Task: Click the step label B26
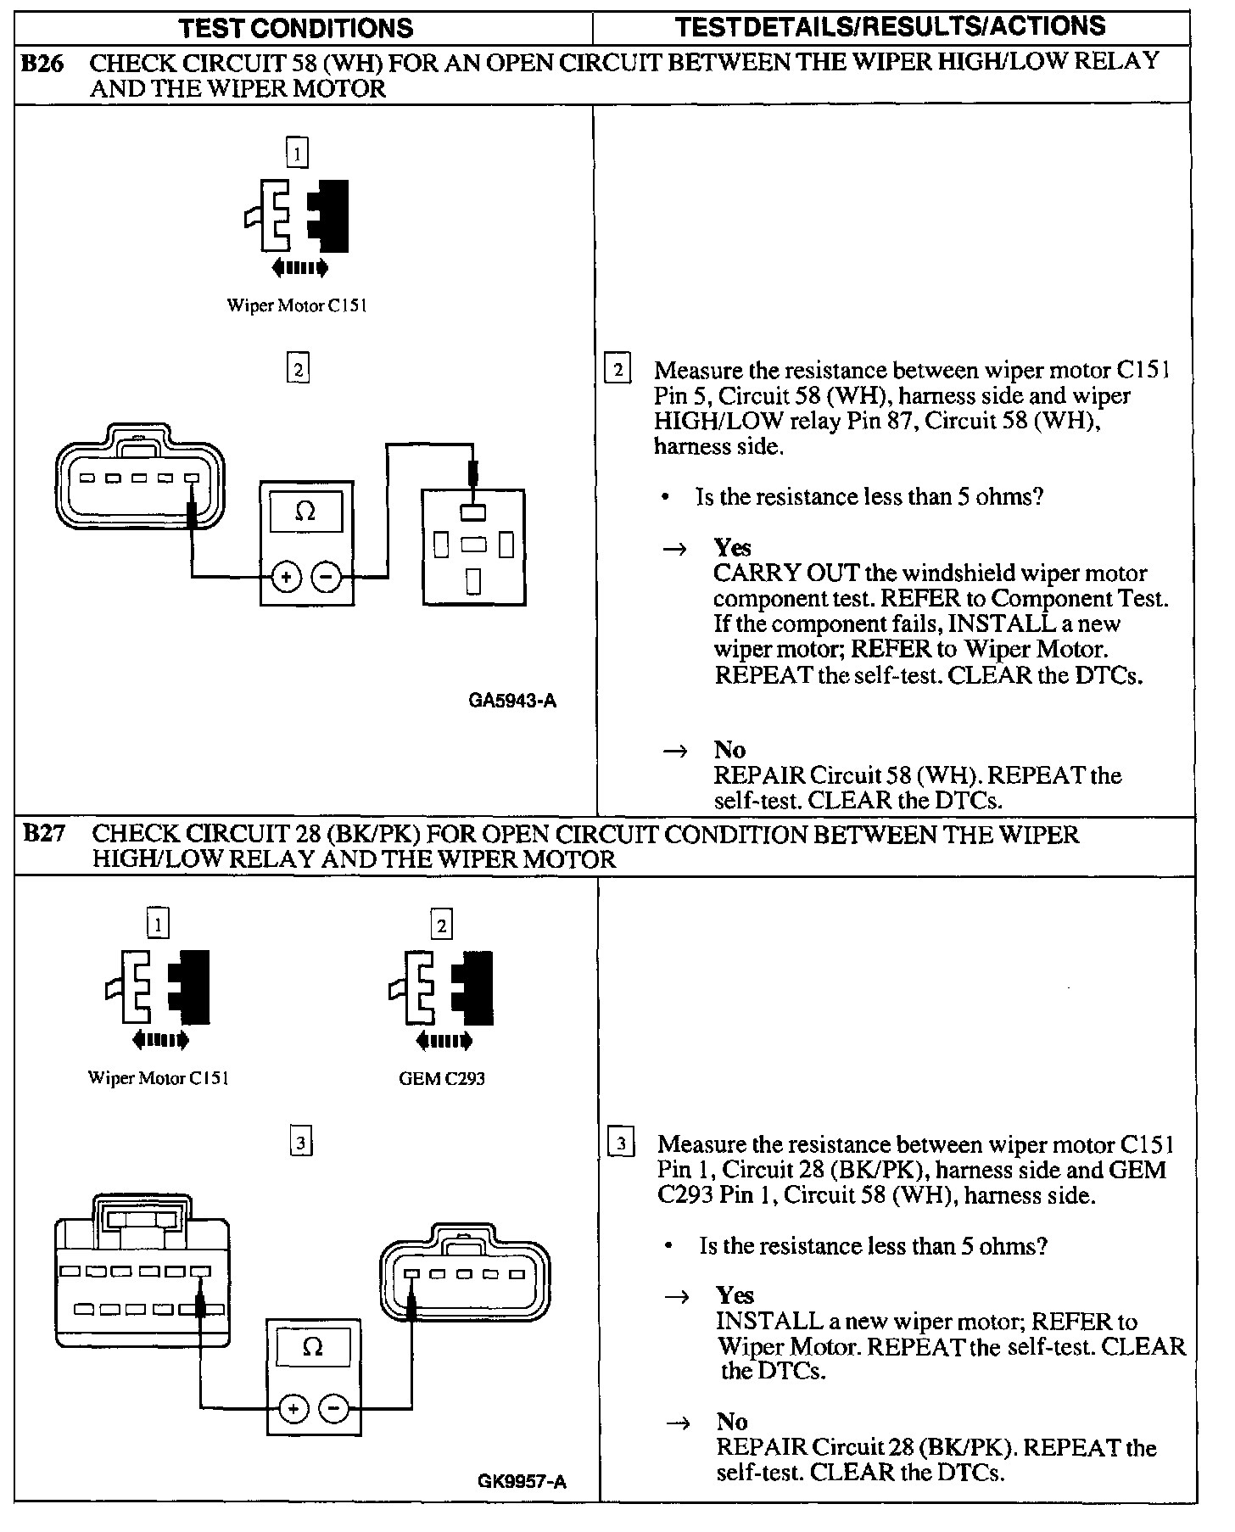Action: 42,64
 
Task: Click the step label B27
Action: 43,834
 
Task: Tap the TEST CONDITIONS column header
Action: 296,28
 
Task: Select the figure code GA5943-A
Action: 512,702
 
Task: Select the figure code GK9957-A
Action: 522,1482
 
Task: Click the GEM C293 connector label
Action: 442,1079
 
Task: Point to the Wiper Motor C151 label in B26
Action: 296,305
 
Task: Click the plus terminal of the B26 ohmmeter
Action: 286,578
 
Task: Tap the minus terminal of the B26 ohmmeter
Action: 327,578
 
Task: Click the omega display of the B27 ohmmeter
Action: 313,1347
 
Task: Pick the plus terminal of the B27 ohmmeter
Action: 293,1410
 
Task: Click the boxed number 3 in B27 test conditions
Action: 301,1143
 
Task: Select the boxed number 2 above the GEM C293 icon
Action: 441,925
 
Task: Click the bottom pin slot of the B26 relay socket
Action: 473,581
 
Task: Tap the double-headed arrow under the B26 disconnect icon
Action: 299,269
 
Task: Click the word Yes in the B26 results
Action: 732,547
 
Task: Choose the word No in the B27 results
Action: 731,1422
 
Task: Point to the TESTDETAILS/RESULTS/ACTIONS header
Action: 891,26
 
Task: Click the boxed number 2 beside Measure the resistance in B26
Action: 617,371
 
